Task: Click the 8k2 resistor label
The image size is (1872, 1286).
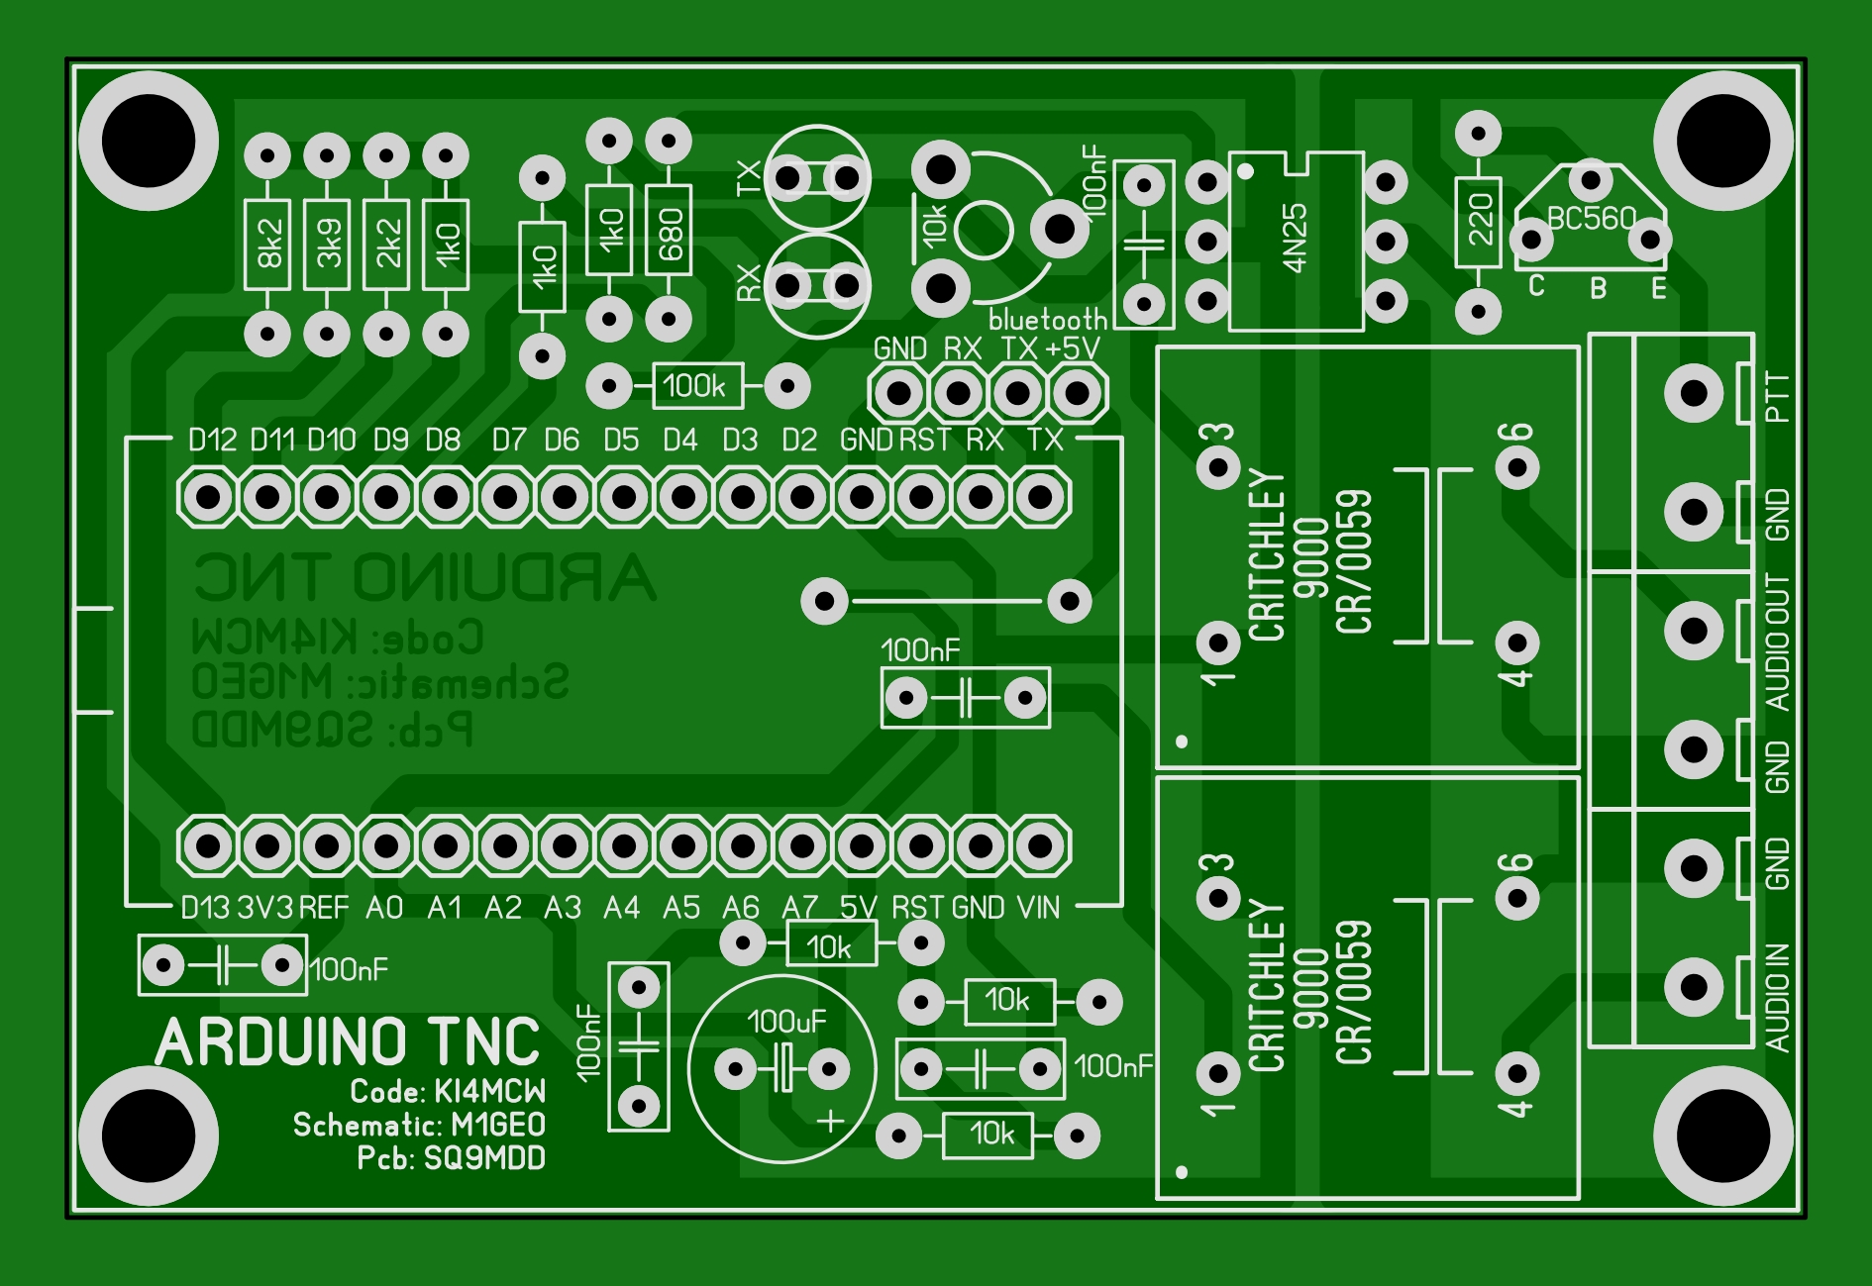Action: [x=268, y=244]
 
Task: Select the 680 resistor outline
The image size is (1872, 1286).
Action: [x=669, y=231]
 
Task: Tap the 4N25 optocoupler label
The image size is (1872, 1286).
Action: [x=1295, y=238]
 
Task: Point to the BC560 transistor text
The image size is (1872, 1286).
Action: [x=1591, y=218]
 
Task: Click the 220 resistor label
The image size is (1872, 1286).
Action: [x=1479, y=221]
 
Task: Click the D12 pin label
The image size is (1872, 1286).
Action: [x=212, y=441]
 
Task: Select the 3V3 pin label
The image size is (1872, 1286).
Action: [x=264, y=908]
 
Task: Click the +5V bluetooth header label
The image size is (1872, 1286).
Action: [x=1073, y=348]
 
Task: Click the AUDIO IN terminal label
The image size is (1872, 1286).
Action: [x=1778, y=996]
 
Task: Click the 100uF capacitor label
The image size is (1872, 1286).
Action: [x=785, y=1022]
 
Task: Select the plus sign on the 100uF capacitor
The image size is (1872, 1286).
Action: [x=830, y=1121]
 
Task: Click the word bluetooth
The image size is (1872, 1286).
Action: [x=1047, y=320]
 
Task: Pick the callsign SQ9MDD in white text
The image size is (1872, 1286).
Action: [x=484, y=1158]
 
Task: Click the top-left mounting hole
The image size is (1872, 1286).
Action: [x=149, y=141]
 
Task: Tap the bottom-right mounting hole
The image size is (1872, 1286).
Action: [x=1723, y=1136]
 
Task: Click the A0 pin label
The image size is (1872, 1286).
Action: [x=384, y=908]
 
